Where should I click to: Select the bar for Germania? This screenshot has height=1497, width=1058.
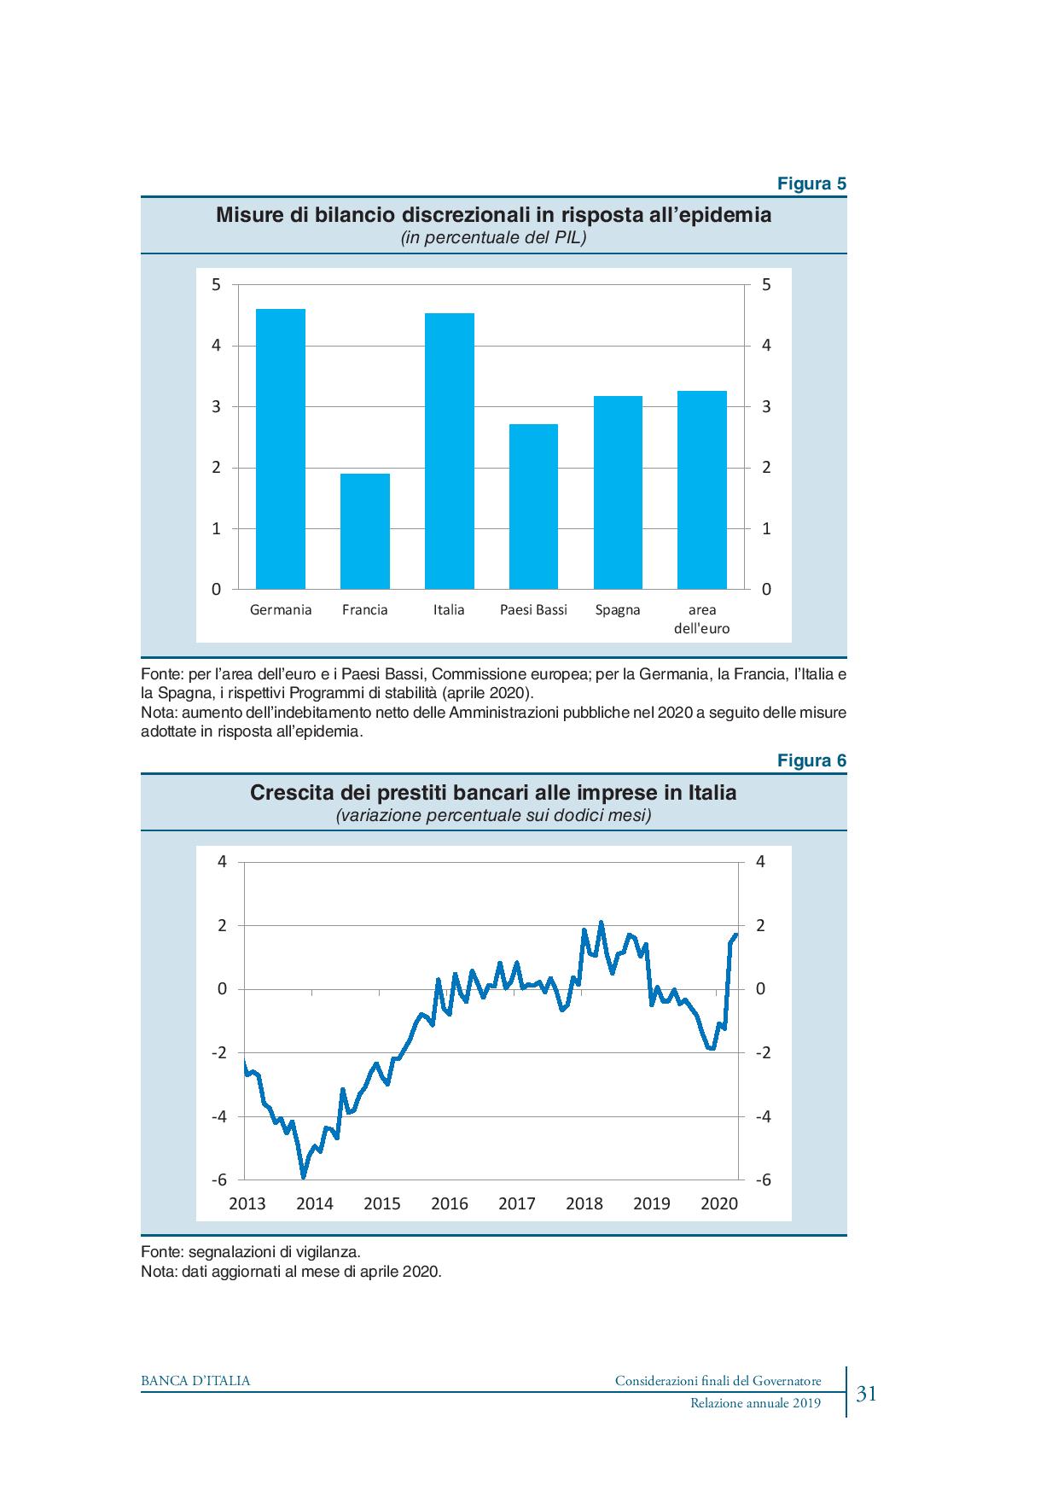point(281,449)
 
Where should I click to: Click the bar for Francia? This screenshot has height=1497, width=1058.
point(365,531)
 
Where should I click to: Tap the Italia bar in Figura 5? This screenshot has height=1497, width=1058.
point(449,451)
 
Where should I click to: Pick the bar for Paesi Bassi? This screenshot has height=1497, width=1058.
point(533,506)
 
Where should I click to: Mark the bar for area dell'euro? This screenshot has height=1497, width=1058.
point(701,490)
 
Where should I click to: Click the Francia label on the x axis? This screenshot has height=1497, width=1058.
point(365,609)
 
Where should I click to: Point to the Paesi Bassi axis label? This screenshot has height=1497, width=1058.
point(533,609)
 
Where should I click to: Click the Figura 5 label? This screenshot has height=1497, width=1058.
point(811,183)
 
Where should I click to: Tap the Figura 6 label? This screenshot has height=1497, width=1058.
point(811,760)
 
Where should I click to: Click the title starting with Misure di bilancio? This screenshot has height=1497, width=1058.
point(493,214)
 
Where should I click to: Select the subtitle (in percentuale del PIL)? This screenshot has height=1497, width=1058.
point(493,238)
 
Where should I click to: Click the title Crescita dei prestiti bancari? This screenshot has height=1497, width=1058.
point(493,793)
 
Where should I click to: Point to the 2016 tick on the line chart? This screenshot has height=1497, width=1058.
point(450,1203)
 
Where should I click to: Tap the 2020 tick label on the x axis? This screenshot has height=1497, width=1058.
point(719,1203)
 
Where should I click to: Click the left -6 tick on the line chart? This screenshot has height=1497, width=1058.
point(219,1180)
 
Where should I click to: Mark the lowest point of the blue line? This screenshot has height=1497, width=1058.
point(303,1177)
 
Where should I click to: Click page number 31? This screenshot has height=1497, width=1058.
point(867,1394)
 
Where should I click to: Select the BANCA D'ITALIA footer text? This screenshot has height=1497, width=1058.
point(195,1381)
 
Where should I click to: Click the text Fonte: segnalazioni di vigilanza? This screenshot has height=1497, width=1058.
point(250,1252)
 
